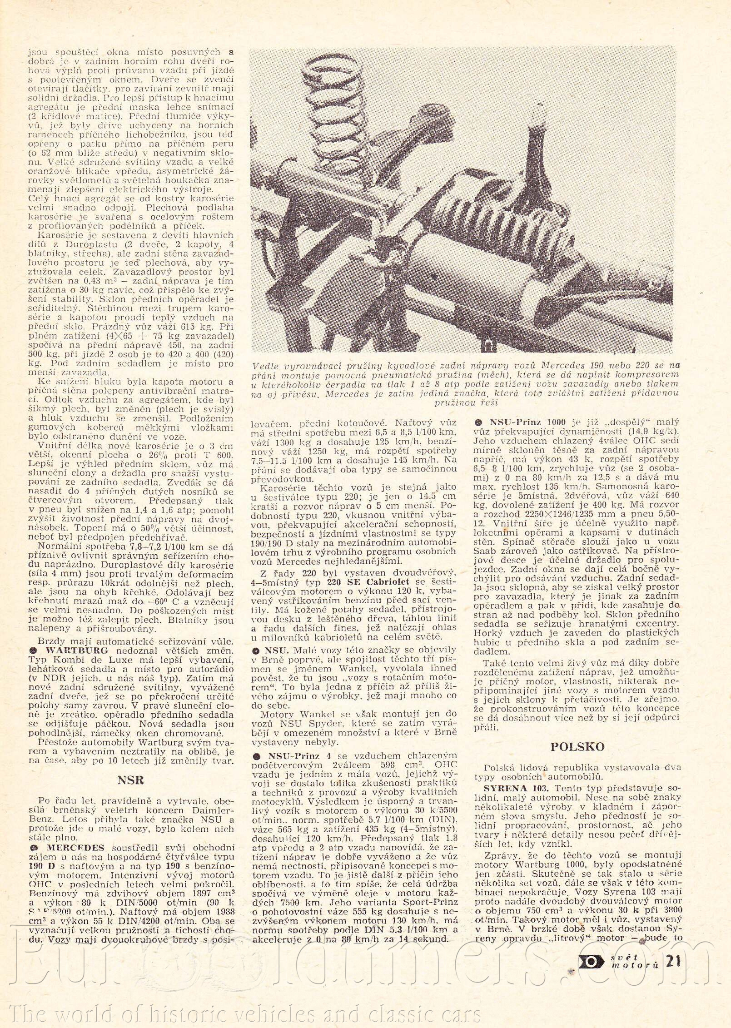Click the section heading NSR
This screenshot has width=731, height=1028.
tap(130, 780)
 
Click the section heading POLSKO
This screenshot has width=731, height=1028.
tap(577, 746)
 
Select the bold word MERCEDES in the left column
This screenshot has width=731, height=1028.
tap(75, 848)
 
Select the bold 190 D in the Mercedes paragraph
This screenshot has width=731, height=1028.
tap(41, 866)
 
